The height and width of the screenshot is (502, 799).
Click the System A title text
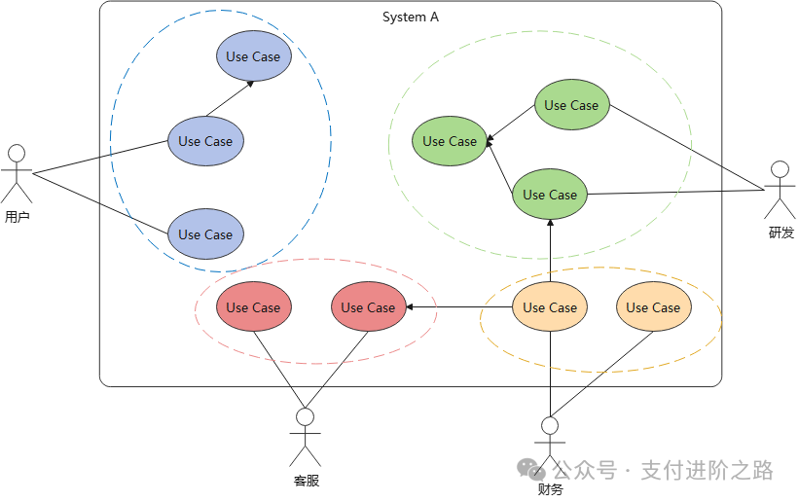tap(410, 18)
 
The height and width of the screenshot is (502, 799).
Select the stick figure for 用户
tap(17, 174)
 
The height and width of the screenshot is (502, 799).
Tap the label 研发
tap(781, 233)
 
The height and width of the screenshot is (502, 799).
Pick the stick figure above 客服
tap(306, 437)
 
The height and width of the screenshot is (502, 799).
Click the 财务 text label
tap(550, 489)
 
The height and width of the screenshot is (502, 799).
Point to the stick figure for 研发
tap(780, 190)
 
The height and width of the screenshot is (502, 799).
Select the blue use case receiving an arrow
tap(254, 56)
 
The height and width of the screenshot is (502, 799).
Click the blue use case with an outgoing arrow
tap(205, 141)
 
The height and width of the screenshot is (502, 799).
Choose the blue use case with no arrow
tap(205, 233)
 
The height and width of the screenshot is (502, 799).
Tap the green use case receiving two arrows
tap(450, 141)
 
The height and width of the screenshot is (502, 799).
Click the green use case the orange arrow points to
tap(550, 195)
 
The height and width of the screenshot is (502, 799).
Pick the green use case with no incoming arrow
tap(571, 104)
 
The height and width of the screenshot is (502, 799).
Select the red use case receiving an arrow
tap(369, 306)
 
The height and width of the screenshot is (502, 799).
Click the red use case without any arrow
tap(254, 306)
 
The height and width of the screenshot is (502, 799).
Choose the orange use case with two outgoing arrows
tap(550, 306)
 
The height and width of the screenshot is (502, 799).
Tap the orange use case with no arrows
tap(654, 306)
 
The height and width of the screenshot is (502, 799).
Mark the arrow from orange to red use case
tap(459, 306)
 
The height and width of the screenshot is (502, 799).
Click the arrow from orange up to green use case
tap(550, 251)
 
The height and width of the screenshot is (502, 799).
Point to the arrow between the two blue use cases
tap(230, 99)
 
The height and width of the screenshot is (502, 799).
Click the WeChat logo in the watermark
tap(531, 469)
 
